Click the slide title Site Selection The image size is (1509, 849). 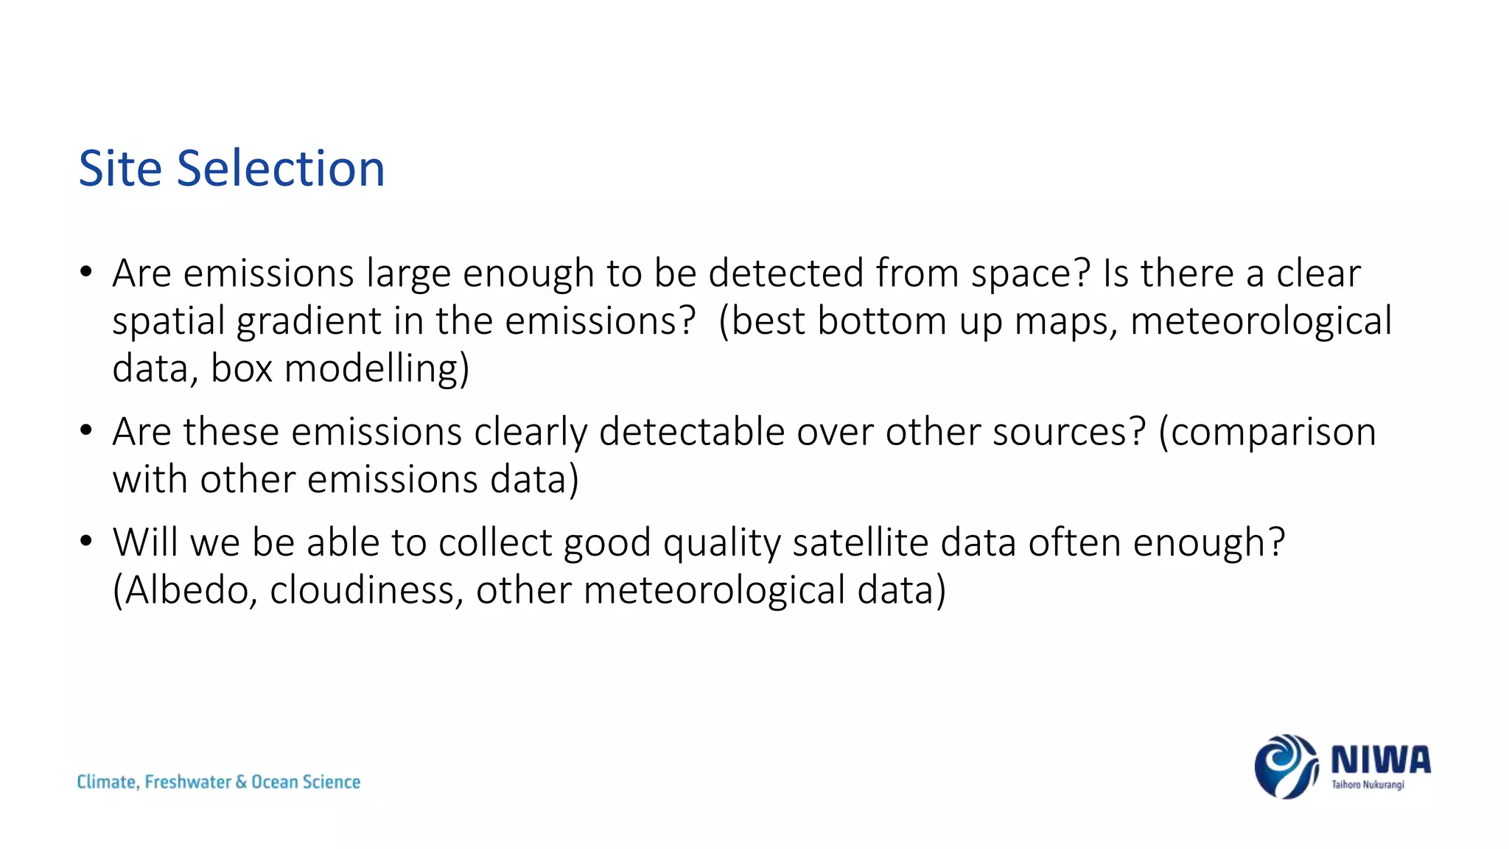tap(231, 168)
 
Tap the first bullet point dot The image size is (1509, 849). tap(86, 272)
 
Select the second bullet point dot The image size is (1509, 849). tap(86, 430)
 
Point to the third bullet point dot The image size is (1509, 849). tap(86, 541)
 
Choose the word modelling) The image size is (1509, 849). tap(377, 368)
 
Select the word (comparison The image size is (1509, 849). tap(1267, 433)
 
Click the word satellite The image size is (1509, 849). tap(860, 542)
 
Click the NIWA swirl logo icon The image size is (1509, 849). tap(1285, 766)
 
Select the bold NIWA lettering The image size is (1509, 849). tap(1380, 759)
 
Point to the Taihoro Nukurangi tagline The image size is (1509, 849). tap(1368, 785)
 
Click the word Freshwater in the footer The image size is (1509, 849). tap(188, 782)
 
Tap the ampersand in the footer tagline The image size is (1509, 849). tap(241, 782)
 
